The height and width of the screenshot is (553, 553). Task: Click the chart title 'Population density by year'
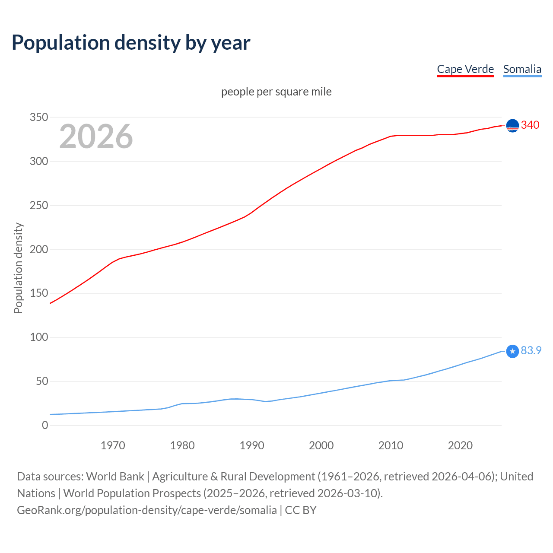click(x=131, y=43)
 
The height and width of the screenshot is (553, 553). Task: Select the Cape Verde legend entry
click(x=465, y=69)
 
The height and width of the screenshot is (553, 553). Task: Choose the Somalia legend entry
click(x=522, y=69)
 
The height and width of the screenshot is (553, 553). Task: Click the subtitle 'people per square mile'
click(x=276, y=92)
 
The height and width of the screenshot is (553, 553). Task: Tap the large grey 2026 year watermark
click(x=96, y=137)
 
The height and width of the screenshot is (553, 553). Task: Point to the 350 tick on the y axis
click(x=39, y=117)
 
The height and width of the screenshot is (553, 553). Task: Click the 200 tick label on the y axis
click(x=39, y=249)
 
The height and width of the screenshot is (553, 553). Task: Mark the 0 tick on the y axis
click(x=45, y=425)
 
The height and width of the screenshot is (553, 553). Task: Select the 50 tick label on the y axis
click(x=42, y=381)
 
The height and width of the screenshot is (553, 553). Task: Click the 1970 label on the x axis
click(x=113, y=445)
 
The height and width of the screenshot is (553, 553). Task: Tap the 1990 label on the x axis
click(x=252, y=445)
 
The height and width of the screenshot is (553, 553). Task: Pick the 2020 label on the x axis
click(x=460, y=445)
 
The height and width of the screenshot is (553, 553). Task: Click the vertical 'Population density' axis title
click(x=18, y=268)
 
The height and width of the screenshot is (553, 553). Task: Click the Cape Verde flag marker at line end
click(x=512, y=126)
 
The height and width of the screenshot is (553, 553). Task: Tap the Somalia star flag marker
click(x=512, y=351)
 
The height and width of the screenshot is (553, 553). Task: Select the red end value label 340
click(x=530, y=125)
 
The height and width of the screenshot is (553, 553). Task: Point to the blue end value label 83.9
click(x=531, y=350)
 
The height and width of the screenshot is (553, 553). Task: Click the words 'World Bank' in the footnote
click(x=115, y=476)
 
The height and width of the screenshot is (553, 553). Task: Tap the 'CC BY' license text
click(x=301, y=510)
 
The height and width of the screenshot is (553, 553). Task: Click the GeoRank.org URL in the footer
click(x=147, y=510)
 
